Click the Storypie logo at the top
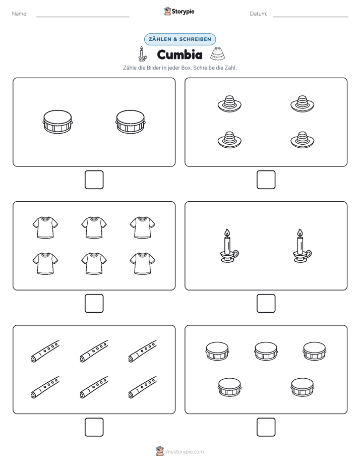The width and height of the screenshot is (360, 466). pos(179,11)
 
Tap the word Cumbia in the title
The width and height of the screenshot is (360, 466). pos(179,54)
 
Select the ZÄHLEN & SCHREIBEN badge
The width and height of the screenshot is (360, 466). pos(180,39)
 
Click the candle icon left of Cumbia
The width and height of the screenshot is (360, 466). pos(142,54)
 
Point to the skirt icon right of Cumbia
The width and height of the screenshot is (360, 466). pos(217,53)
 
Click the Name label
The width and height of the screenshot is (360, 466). pos(20,14)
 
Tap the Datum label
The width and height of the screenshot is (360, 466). pos(259,14)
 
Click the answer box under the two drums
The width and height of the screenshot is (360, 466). pos(94,180)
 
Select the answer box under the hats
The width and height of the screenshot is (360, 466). pos(266,180)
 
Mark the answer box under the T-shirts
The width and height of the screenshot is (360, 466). pos(94,304)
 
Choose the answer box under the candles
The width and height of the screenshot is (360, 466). pos(266,304)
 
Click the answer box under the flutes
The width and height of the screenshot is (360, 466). pos(94,427)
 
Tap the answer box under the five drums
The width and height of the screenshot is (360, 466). pos(266,427)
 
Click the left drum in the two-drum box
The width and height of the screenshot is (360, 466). pos(57,122)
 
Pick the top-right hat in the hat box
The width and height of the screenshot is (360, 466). pos(303,104)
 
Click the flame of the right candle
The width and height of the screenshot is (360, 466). pos(300,233)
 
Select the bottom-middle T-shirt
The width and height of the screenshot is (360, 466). pos(94,263)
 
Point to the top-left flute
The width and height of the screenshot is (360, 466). pos(45,352)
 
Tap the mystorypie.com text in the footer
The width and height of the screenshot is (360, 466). pos(185,452)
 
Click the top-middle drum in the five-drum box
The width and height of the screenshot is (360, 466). pos(266,351)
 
